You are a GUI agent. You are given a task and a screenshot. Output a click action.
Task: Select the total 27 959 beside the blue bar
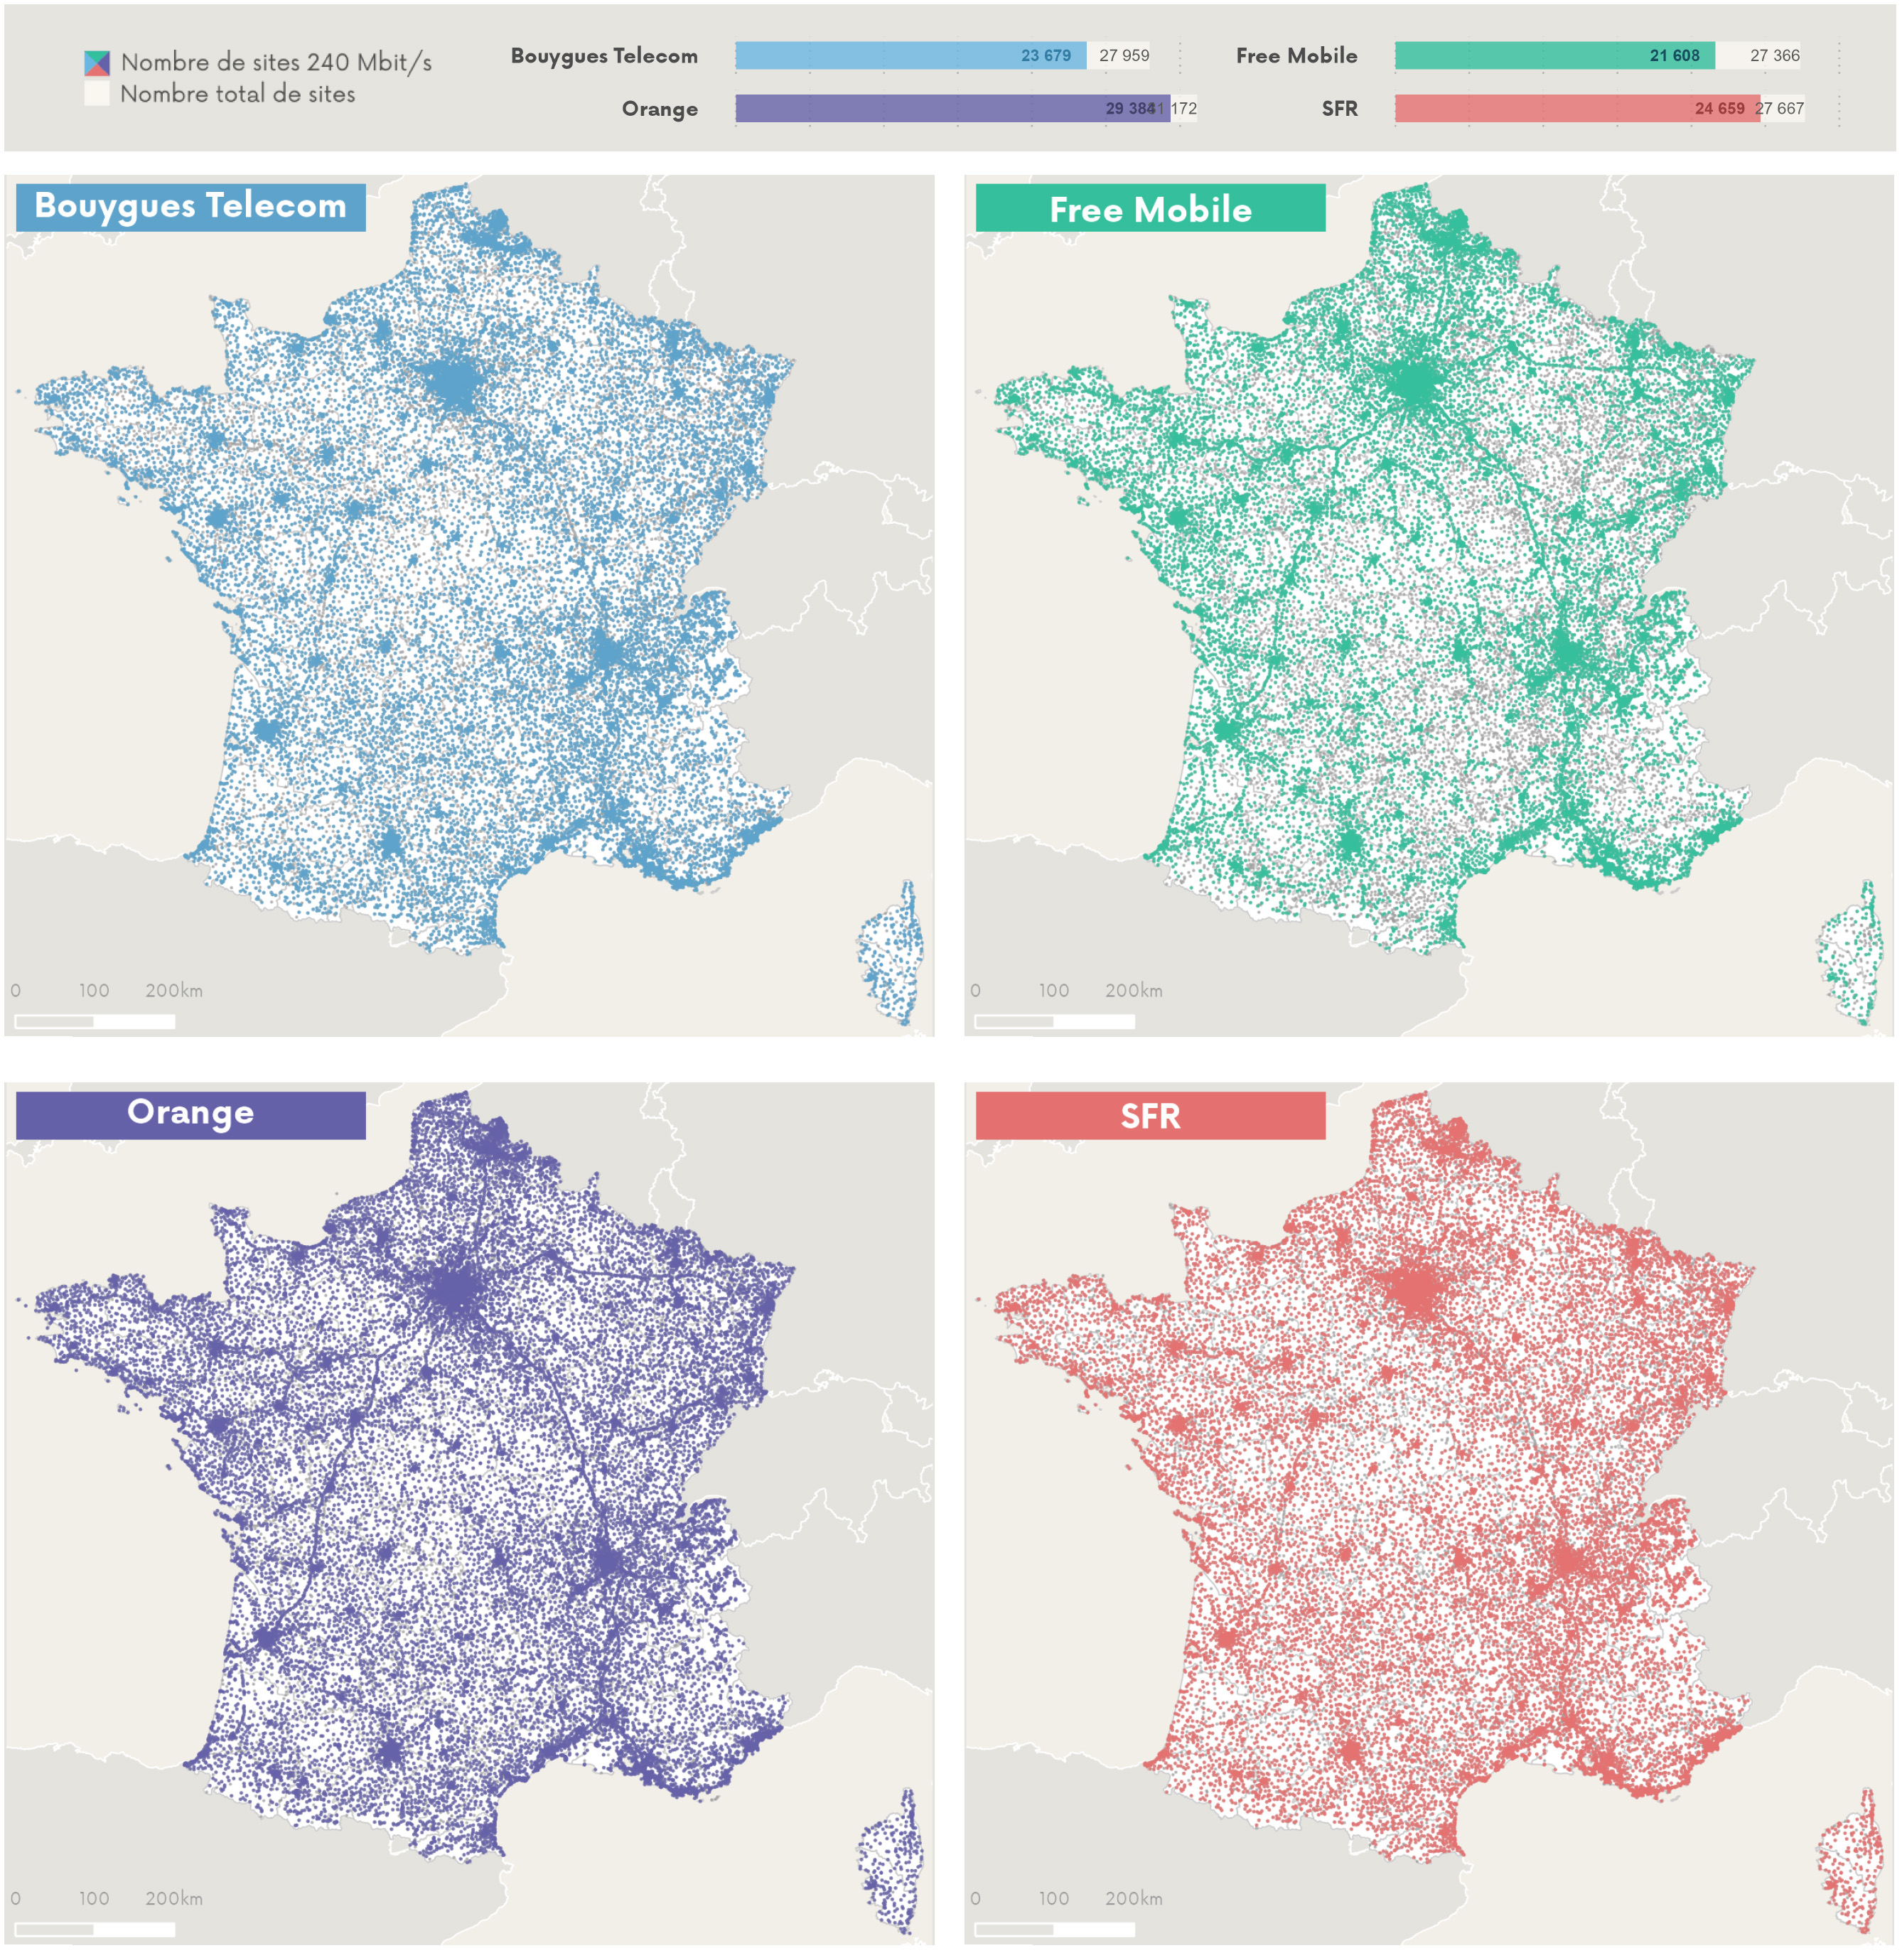click(1124, 56)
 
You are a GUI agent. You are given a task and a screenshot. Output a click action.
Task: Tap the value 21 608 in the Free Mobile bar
click(1675, 56)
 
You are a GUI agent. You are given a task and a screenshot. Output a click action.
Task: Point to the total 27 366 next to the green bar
click(1774, 56)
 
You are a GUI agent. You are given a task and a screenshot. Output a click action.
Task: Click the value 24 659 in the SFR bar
click(1719, 109)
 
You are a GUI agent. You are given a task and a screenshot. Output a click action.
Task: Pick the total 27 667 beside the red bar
click(1780, 109)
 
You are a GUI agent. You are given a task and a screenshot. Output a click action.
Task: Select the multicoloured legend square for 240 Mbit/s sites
click(97, 63)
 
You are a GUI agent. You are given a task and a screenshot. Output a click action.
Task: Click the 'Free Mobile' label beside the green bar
click(1296, 56)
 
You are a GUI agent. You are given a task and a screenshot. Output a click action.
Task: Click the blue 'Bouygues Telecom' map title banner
click(190, 207)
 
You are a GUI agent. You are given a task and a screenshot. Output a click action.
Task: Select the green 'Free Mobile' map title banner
click(1150, 209)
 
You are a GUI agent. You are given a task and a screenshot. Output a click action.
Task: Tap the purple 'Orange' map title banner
click(190, 1114)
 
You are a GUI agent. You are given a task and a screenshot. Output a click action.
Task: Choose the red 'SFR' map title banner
click(1150, 1116)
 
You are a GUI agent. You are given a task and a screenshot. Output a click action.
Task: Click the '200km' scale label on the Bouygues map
click(174, 991)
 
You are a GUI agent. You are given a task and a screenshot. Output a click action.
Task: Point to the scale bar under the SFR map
click(1054, 1929)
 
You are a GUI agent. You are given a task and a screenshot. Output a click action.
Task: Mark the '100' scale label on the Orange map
click(94, 1898)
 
